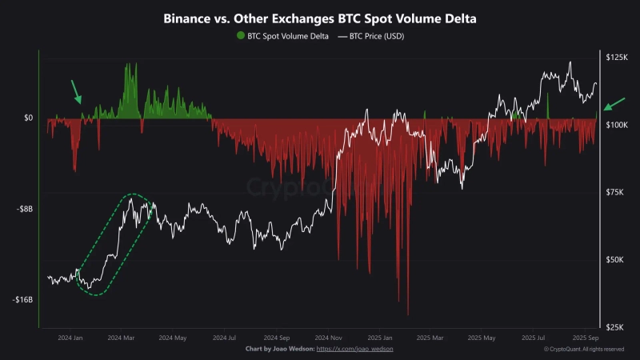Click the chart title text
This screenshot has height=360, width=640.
tap(319, 17)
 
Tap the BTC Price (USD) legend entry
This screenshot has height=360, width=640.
tap(372, 36)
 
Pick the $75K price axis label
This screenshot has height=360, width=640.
tap(617, 193)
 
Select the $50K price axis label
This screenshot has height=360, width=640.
tap(617, 260)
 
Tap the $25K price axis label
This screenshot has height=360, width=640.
tap(617, 327)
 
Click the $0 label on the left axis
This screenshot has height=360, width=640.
tap(28, 118)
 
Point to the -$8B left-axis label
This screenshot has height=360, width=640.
tap(26, 209)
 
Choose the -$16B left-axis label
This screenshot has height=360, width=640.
tap(24, 300)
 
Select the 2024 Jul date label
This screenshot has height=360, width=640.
tap(226, 338)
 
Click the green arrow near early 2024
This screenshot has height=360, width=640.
tap(76, 91)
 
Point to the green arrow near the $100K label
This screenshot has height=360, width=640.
tap(614, 103)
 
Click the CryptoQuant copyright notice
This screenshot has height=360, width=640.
tap(584, 350)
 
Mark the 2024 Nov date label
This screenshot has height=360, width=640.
tap(328, 338)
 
